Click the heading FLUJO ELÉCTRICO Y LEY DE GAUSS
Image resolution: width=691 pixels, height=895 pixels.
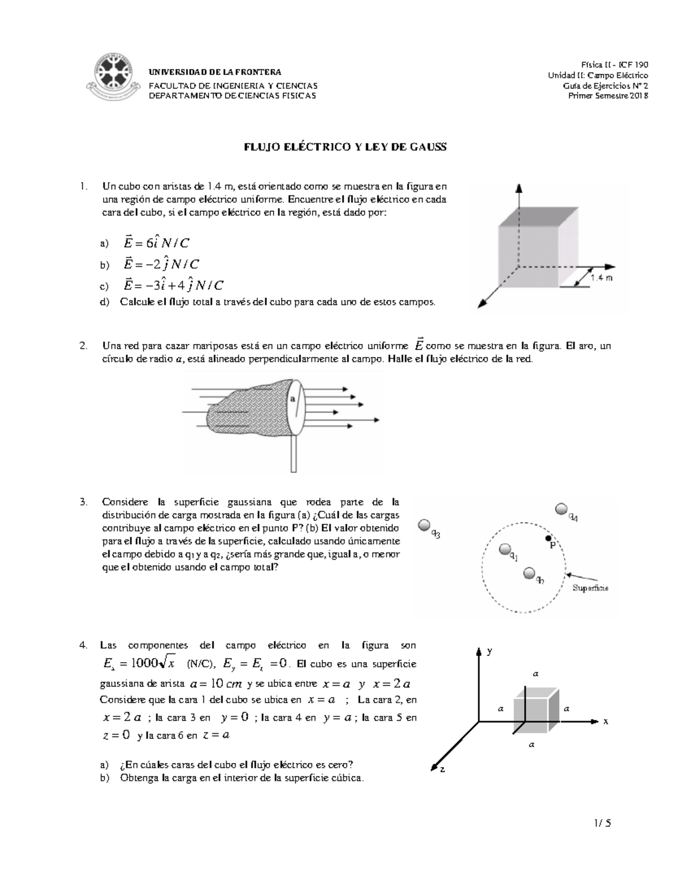pos(345,147)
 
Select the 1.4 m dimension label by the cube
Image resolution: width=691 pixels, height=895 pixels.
pos(601,278)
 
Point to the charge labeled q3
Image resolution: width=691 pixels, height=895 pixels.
pos(425,525)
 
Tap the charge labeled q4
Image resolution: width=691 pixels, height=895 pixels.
pos(561,509)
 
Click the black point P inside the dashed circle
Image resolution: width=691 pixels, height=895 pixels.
pos(549,538)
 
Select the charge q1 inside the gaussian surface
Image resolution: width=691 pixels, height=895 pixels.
pos(505,549)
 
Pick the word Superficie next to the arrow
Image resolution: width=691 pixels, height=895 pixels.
pos(590,588)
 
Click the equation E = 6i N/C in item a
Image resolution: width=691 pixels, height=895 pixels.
pos(156,243)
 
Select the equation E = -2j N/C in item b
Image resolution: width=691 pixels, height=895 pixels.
pos(161,265)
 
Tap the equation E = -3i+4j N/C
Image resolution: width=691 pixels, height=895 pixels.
pos(173,285)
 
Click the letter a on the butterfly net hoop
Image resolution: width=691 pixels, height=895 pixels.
pos(293,399)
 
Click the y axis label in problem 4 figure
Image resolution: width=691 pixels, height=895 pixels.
pos(489,651)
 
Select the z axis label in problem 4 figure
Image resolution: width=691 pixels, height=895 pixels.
pos(442,769)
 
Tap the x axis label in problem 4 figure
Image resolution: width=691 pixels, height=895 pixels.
pos(606,721)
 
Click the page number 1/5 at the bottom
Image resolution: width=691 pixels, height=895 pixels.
pos(603,823)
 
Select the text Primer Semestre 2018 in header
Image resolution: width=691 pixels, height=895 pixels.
pos(608,96)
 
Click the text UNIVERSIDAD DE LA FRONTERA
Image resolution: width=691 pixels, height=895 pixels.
pos(215,72)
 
